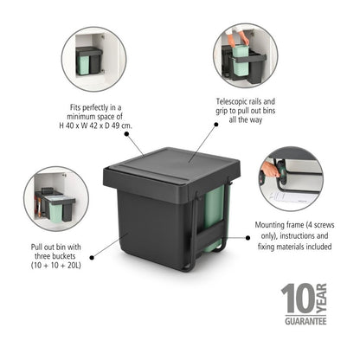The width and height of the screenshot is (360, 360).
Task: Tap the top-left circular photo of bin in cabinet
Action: point(93,59)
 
